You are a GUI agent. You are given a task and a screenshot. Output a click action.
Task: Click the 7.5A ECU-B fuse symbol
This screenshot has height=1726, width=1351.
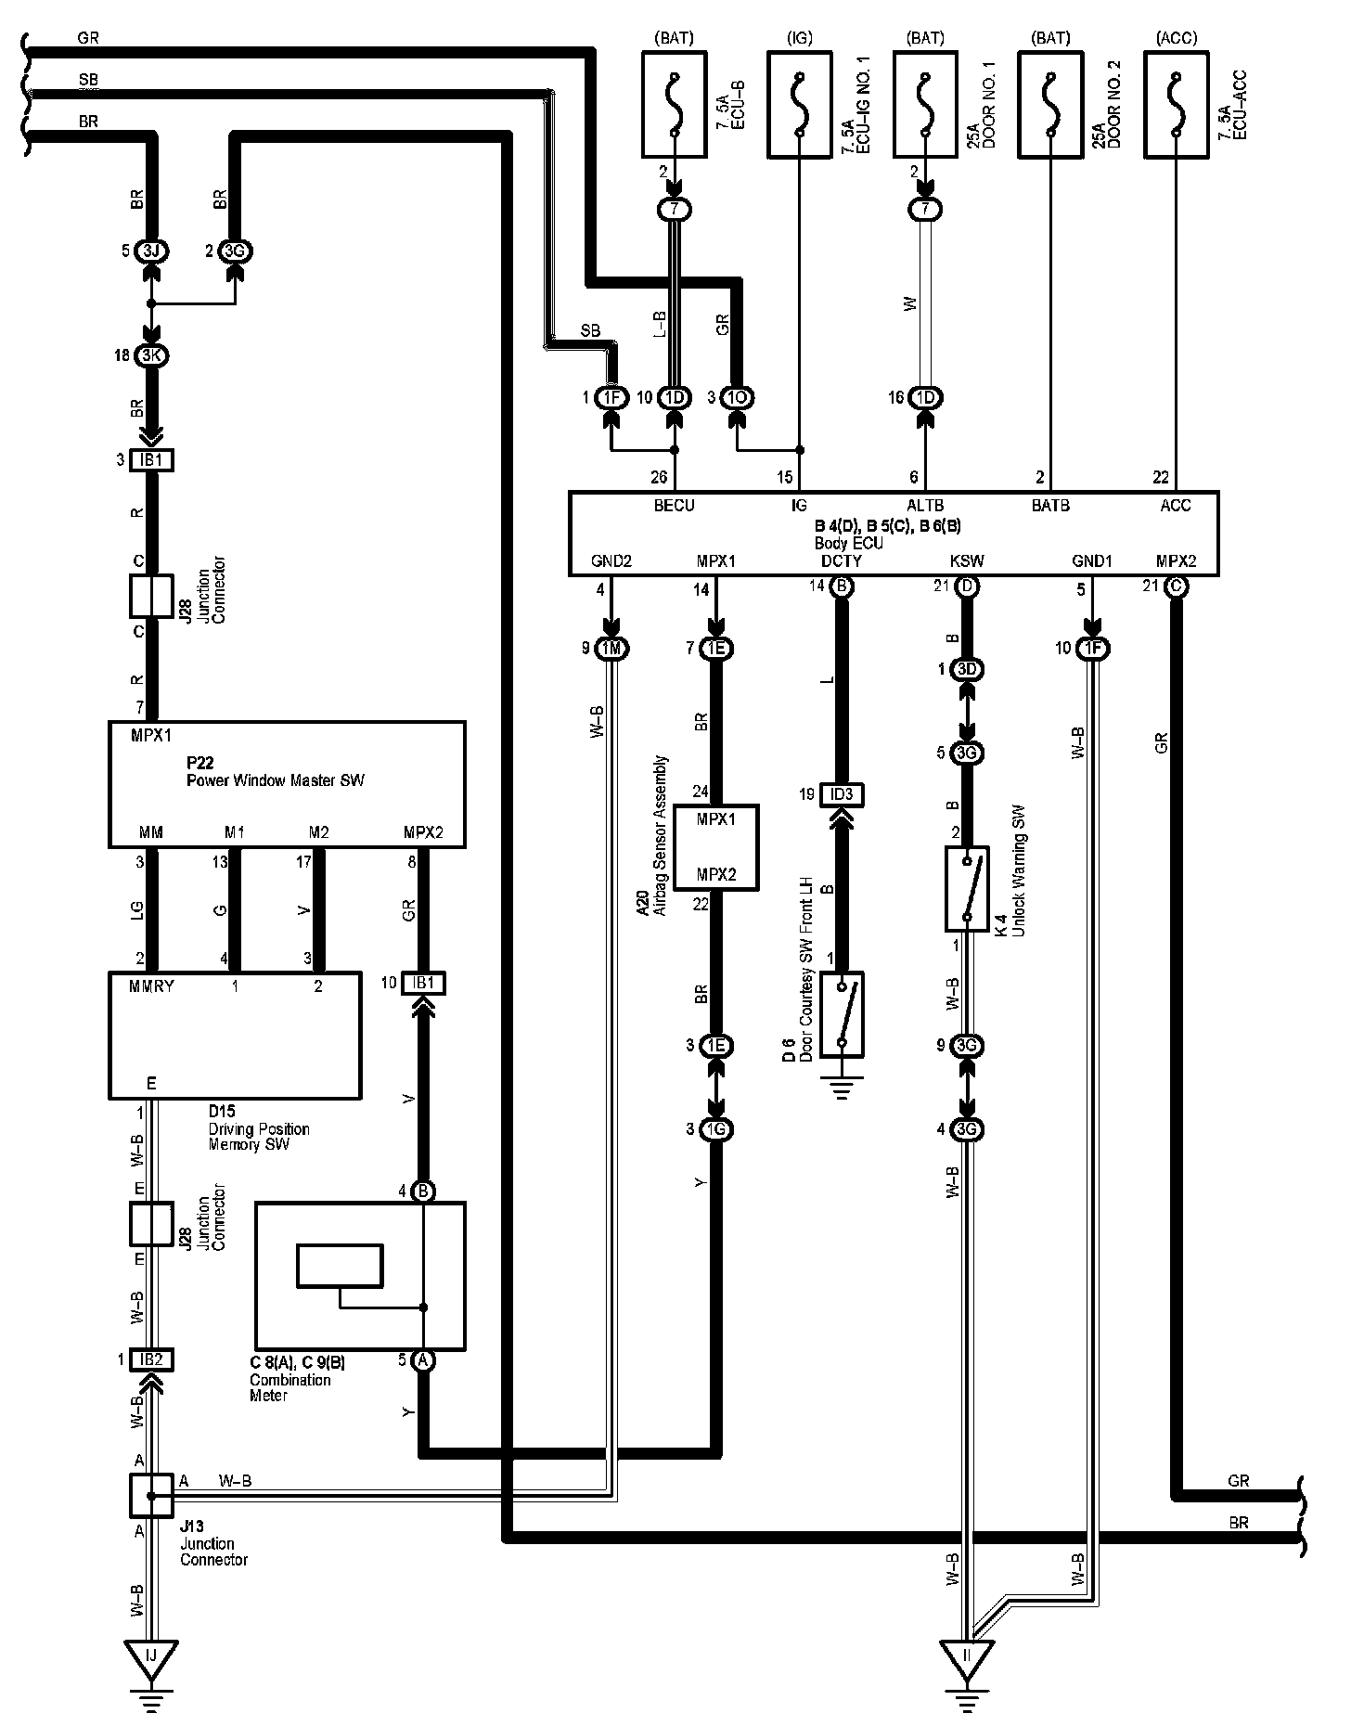point(675,103)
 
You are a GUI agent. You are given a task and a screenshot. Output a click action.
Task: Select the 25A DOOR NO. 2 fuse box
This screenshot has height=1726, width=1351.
point(1050,103)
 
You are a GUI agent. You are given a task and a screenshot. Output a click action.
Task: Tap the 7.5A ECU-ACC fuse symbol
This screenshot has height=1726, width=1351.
point(1177,103)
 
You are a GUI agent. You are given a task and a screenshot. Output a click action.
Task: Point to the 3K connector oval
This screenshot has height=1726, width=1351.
point(150,355)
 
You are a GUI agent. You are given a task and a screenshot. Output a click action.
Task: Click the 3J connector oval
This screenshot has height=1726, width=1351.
point(150,251)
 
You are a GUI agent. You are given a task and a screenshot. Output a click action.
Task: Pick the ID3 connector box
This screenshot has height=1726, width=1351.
point(843,794)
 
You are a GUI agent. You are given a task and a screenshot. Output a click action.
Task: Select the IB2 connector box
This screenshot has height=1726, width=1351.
point(150,1359)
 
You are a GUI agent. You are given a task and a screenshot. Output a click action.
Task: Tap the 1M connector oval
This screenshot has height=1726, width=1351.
point(611,649)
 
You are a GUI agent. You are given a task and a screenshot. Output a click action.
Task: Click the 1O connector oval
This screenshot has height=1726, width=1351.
point(738,398)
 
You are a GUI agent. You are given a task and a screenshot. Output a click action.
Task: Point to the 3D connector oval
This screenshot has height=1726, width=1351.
point(967,669)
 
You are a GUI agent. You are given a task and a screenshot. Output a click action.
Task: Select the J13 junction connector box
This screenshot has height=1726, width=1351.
point(150,1496)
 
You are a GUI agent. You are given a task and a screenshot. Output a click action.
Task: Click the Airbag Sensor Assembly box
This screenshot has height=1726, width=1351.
point(715,847)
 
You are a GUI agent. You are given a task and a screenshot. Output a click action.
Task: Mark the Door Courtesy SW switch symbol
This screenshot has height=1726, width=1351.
point(843,1014)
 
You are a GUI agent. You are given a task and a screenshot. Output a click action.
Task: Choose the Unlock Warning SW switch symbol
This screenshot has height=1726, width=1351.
point(967,888)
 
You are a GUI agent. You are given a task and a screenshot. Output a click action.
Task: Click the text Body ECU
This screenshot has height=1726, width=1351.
point(848,544)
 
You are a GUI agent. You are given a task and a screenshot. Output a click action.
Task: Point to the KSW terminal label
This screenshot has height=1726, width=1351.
point(967,561)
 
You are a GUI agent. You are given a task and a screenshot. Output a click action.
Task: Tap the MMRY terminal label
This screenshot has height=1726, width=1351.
point(152,986)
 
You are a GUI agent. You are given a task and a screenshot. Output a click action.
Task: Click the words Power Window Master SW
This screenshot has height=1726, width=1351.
point(276,780)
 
